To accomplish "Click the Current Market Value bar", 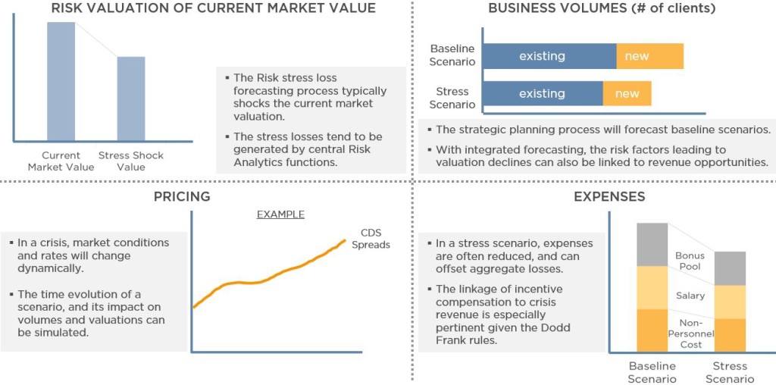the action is click(x=61, y=82).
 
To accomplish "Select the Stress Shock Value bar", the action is click(x=131, y=99).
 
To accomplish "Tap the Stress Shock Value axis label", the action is click(x=131, y=161).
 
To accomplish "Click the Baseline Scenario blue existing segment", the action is click(x=549, y=56).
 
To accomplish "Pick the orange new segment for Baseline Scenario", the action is click(x=649, y=56).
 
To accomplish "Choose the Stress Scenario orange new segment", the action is click(x=627, y=93).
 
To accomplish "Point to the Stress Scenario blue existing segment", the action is click(x=543, y=93).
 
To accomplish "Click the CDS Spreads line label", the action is click(x=371, y=239).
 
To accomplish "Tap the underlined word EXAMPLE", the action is click(x=280, y=214).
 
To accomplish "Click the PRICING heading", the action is click(x=182, y=196).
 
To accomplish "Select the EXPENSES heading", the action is click(x=609, y=196).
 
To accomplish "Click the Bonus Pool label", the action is click(x=690, y=261).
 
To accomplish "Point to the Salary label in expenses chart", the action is click(x=690, y=296).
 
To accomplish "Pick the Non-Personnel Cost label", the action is click(x=691, y=333).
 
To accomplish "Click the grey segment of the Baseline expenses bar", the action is click(x=652, y=245).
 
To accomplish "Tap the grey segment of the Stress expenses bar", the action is click(x=730, y=268).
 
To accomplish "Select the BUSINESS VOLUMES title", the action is click(x=602, y=8).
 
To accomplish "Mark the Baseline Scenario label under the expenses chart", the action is click(x=652, y=372).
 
